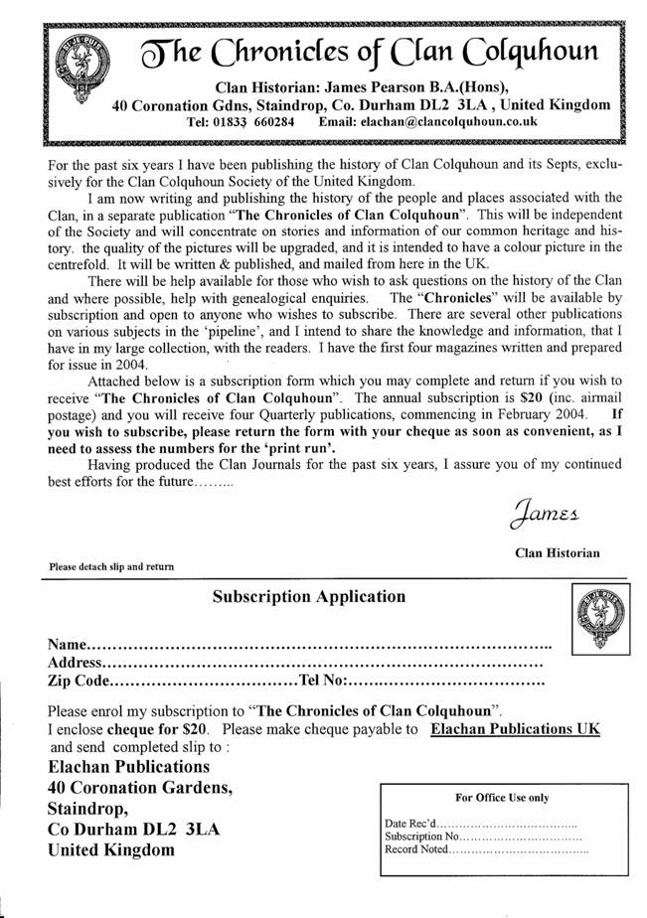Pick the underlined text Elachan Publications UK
pos(515,728)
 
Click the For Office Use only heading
pos(501,797)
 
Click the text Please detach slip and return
pos(111,566)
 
